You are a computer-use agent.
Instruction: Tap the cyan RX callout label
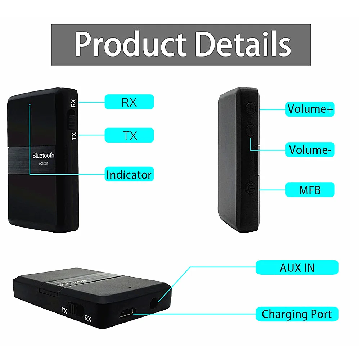click(x=129, y=102)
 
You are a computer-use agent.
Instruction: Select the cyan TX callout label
click(x=129, y=135)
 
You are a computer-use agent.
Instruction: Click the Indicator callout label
click(x=129, y=175)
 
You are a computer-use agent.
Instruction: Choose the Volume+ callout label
click(x=310, y=108)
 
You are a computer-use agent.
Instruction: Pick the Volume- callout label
click(x=310, y=149)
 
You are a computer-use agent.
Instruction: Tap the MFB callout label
click(x=310, y=190)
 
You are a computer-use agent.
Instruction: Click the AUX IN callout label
click(x=297, y=267)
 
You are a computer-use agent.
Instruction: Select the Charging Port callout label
click(x=297, y=314)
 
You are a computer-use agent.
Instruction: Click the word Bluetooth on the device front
click(x=43, y=156)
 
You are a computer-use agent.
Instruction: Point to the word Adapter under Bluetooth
click(x=43, y=163)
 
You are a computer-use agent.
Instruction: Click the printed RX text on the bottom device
click(x=87, y=318)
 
